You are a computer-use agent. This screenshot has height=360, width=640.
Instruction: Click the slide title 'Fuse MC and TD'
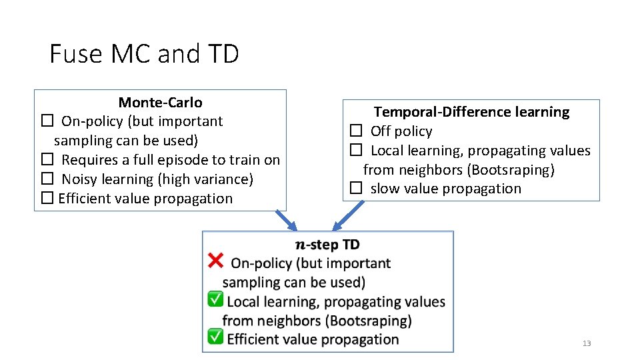[x=144, y=53]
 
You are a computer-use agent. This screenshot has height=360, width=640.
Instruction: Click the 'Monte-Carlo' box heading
[x=160, y=103]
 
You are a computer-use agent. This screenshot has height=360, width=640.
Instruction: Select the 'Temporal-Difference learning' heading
[x=471, y=112]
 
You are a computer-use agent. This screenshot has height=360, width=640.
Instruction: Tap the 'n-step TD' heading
[x=327, y=245]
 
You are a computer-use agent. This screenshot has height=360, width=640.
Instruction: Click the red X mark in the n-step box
[x=216, y=260]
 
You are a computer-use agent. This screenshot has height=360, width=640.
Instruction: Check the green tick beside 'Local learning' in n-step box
[x=215, y=300]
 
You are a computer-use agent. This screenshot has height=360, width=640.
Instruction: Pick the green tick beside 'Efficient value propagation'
[x=215, y=337]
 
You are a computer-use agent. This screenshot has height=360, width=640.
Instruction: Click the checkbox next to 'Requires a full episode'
[x=47, y=160]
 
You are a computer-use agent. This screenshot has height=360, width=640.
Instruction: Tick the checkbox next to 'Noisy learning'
[x=47, y=179]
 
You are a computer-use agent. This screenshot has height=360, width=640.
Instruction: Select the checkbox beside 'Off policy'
[x=356, y=131]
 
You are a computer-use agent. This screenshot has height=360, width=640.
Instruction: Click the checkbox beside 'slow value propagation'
[x=356, y=189]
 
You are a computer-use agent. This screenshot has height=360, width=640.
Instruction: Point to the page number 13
[x=587, y=343]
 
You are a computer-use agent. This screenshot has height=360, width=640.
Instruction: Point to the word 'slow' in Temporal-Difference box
[x=385, y=189]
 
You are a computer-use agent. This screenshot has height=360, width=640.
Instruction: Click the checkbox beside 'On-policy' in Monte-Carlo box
[x=47, y=121]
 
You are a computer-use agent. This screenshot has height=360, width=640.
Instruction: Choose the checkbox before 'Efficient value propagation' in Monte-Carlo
[x=46, y=199]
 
